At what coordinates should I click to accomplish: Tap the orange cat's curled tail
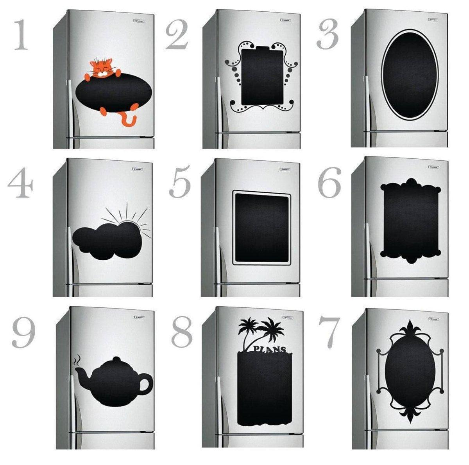click(x=129, y=120)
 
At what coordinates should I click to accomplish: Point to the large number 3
click(x=328, y=36)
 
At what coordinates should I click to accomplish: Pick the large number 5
click(x=180, y=182)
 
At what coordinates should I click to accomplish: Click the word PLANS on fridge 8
click(x=269, y=349)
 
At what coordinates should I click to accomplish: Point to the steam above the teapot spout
click(x=78, y=359)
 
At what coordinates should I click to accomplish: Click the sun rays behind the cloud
click(x=135, y=221)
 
